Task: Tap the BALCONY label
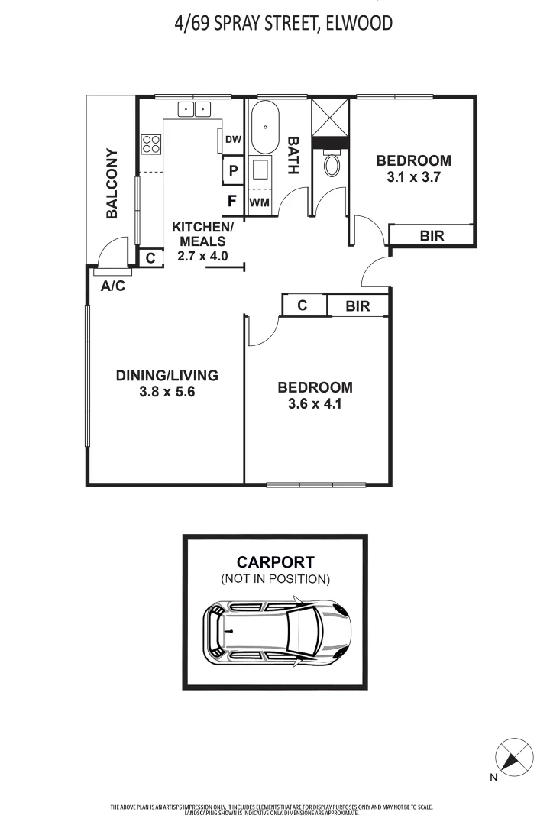[x=112, y=184]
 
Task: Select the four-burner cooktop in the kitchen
[x=151, y=144]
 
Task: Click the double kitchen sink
[x=194, y=109]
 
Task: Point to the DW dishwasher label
[x=233, y=139]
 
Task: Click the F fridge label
[x=231, y=202]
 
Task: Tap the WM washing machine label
[x=260, y=202]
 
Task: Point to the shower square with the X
[x=330, y=118]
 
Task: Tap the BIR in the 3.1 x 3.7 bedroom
[x=432, y=236]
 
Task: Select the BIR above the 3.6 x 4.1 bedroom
[x=357, y=306]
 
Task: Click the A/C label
[x=113, y=286]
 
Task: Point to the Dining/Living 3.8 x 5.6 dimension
[x=167, y=392]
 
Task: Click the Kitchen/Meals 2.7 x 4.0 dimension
[x=202, y=257]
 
